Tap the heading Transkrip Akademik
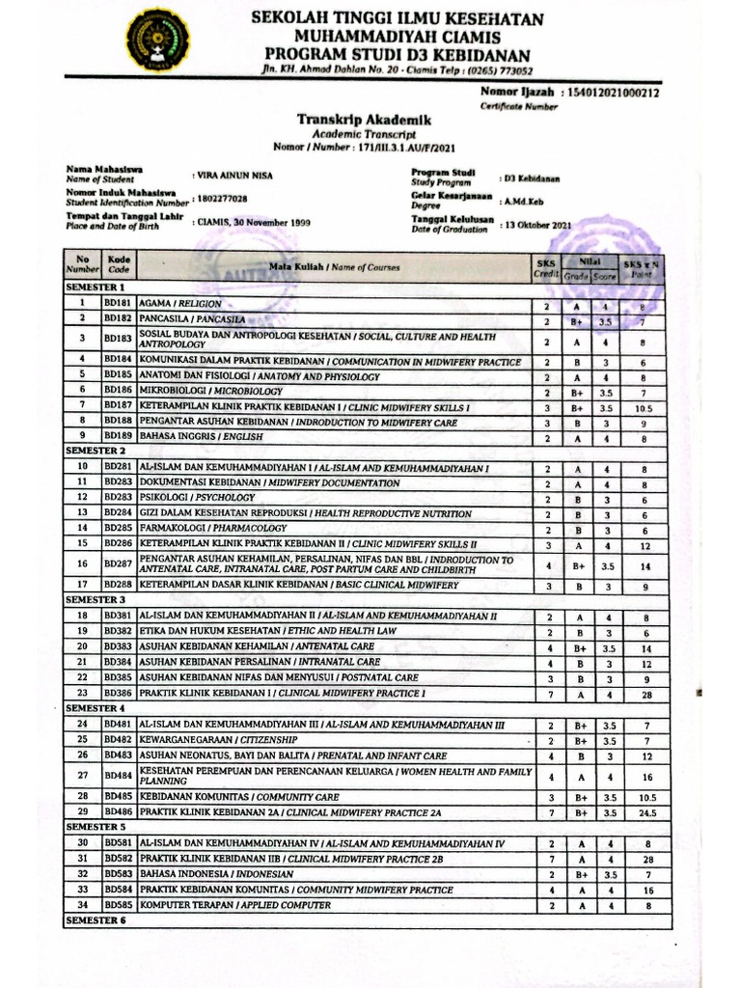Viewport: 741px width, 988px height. (x=364, y=120)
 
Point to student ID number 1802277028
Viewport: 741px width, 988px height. (x=220, y=198)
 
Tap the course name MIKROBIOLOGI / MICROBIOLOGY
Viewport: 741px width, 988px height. (x=212, y=392)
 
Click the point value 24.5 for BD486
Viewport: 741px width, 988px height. (x=647, y=813)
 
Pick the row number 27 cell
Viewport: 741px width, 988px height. (x=83, y=777)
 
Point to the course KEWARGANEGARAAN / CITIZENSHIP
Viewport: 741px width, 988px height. (x=207, y=740)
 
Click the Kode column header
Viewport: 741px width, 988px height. (x=118, y=265)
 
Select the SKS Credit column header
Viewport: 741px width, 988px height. (x=545, y=267)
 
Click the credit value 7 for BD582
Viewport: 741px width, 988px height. (x=547, y=859)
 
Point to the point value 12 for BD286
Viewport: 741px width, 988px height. (x=647, y=544)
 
